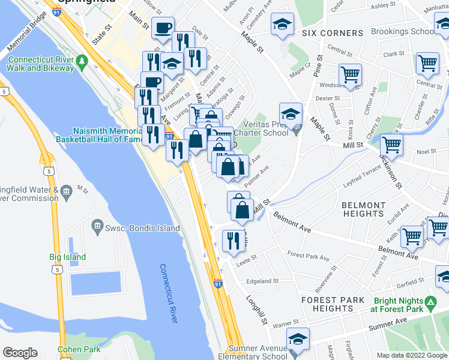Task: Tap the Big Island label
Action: point(67,257)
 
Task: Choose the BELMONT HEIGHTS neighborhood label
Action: point(363,209)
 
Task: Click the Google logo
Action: point(20,353)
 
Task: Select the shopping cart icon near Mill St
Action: point(391,145)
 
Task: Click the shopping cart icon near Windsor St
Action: point(350,75)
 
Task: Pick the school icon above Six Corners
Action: point(282,25)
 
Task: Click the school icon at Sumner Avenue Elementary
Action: point(298,339)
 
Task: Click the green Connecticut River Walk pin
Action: point(83,61)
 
